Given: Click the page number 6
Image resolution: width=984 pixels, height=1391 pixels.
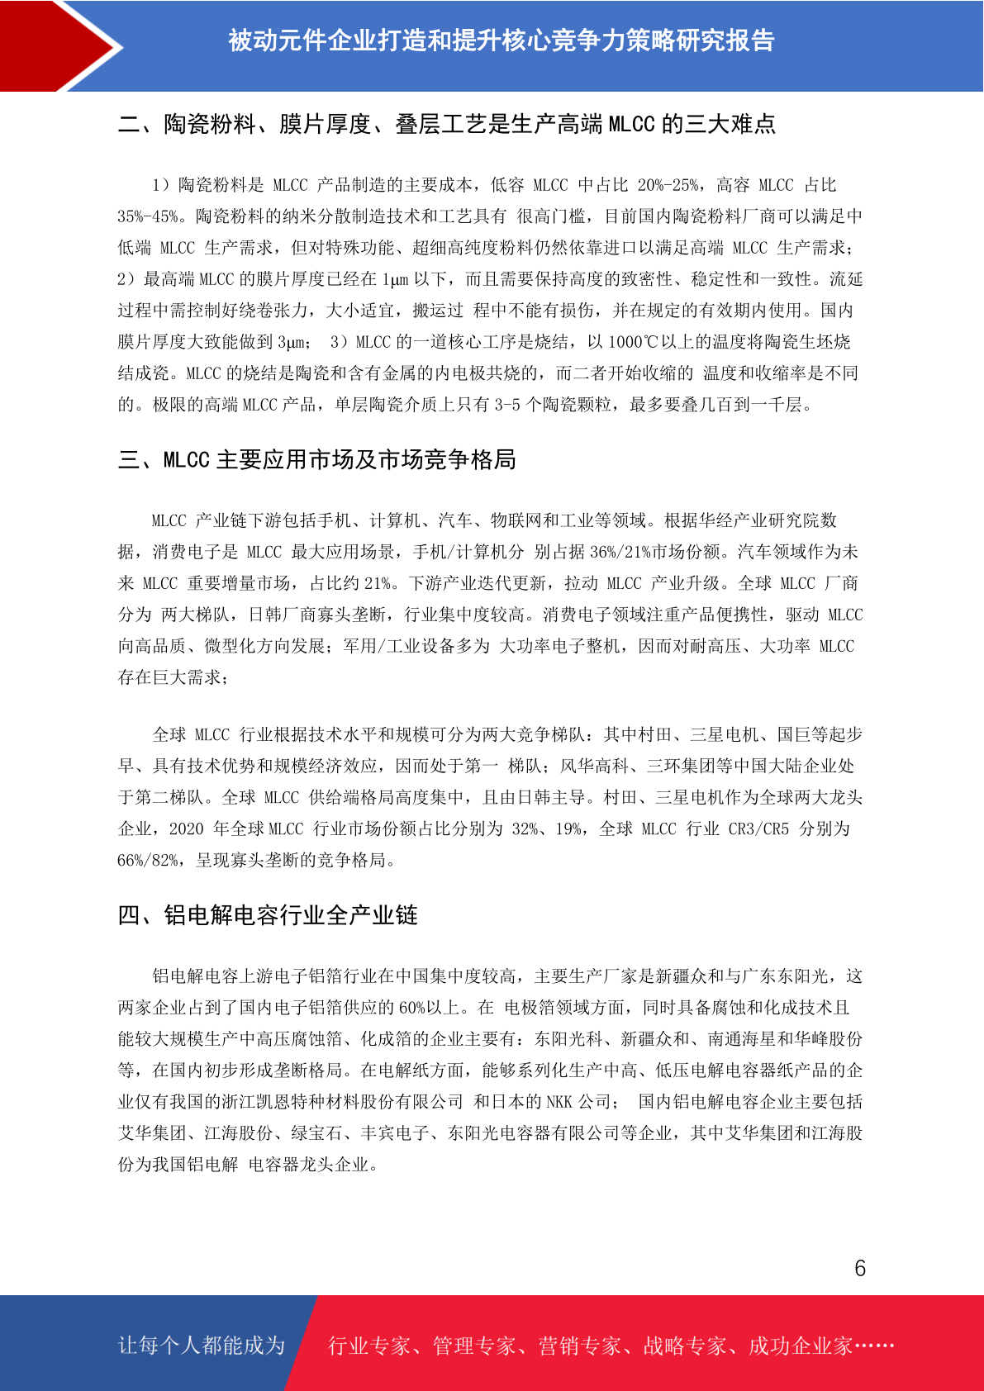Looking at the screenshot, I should click(860, 1268).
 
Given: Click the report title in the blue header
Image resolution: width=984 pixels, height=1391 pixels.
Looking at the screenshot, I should click(501, 40).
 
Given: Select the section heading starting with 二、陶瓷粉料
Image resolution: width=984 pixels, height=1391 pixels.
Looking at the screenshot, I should click(446, 125).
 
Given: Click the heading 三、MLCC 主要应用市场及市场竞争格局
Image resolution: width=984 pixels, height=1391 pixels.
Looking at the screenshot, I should click(316, 460).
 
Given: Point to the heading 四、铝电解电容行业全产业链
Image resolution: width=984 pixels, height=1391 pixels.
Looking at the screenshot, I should click(268, 915).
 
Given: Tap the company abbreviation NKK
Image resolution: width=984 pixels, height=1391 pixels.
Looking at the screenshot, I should click(559, 1102).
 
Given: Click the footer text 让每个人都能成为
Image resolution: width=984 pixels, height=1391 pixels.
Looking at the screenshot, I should click(202, 1346).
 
